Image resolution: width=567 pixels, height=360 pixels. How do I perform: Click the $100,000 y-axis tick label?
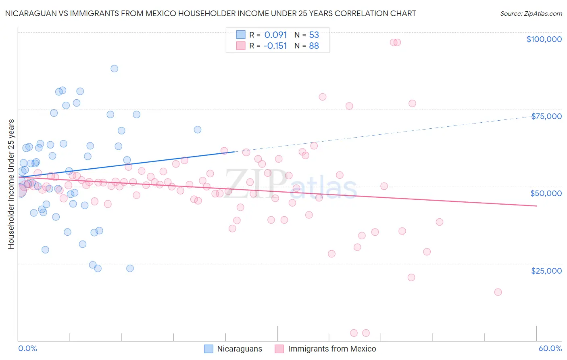(544, 39)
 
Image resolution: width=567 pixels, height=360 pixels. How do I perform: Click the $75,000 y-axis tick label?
(546, 116)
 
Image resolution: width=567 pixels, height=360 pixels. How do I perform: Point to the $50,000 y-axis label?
(546, 193)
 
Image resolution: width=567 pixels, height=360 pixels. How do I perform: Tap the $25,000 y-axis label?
(546, 271)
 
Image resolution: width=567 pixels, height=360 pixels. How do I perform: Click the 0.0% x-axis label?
(27, 348)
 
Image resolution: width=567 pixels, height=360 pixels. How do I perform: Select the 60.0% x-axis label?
(550, 348)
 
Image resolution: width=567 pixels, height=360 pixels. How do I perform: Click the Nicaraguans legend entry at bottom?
(240, 349)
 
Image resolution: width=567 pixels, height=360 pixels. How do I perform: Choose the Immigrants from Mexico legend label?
(332, 349)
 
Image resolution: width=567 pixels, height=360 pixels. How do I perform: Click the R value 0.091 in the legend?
(275, 35)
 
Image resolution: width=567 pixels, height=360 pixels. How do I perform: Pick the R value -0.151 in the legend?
(275, 46)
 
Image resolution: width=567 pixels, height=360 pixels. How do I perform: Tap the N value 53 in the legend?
(314, 35)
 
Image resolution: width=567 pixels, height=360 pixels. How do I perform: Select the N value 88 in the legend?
(314, 46)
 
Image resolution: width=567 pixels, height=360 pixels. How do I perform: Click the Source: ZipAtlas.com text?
(531, 13)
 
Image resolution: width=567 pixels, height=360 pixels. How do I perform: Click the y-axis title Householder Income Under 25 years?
(11, 184)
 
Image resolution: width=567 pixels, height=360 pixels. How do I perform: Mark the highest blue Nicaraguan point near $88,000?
(115, 69)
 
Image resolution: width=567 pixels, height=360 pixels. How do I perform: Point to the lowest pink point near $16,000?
(498, 292)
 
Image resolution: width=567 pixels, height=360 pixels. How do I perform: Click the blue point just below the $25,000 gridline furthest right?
(130, 268)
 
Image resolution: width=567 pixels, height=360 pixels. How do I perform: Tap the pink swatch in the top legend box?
(241, 46)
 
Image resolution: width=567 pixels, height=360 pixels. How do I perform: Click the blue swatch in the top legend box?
(241, 35)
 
